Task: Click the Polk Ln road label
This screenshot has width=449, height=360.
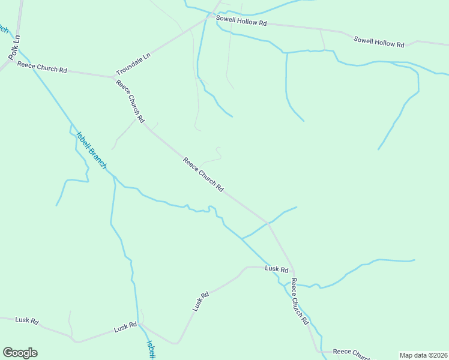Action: click(x=15, y=47)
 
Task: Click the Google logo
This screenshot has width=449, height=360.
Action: click(x=20, y=353)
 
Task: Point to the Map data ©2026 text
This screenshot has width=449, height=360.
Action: click(x=423, y=355)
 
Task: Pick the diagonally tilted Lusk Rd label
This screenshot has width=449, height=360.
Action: click(x=200, y=301)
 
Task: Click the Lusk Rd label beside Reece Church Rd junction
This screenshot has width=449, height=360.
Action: click(x=277, y=269)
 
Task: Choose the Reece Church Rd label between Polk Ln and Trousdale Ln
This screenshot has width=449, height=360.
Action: click(x=42, y=67)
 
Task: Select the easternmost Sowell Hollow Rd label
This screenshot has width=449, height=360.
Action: click(x=379, y=42)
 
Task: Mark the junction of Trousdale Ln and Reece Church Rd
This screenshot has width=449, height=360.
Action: click(x=114, y=77)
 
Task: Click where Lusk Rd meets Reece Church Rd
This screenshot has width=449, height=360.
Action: click(x=293, y=271)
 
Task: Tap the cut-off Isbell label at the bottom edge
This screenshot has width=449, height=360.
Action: click(x=151, y=350)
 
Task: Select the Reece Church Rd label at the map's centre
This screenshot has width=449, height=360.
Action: click(x=203, y=175)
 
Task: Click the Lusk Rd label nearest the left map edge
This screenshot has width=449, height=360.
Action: click(x=27, y=321)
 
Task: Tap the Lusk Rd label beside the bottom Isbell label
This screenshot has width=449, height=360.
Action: click(x=125, y=327)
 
